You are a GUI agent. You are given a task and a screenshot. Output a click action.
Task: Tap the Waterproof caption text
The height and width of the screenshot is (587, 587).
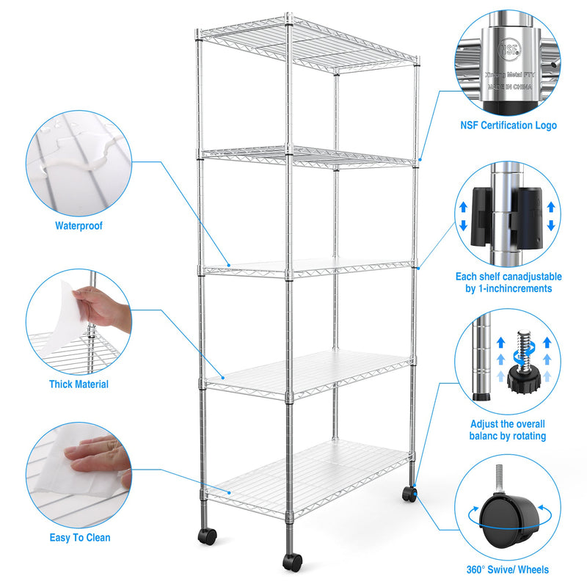pos(79,226)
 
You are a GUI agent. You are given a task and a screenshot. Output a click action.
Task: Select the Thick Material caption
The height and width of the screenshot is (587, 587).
pos(79,384)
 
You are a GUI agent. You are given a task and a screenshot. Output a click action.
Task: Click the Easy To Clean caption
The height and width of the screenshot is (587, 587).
pos(80,538)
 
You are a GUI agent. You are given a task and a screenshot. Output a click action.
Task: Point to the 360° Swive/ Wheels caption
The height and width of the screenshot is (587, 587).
pos(507,569)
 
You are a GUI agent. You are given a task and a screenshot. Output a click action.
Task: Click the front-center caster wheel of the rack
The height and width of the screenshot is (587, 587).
pos(292,562)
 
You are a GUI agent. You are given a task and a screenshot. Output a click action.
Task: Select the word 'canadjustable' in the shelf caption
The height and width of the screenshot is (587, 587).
pos(531,277)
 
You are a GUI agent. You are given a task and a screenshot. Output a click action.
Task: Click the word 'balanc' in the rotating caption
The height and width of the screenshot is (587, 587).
pos(485,436)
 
